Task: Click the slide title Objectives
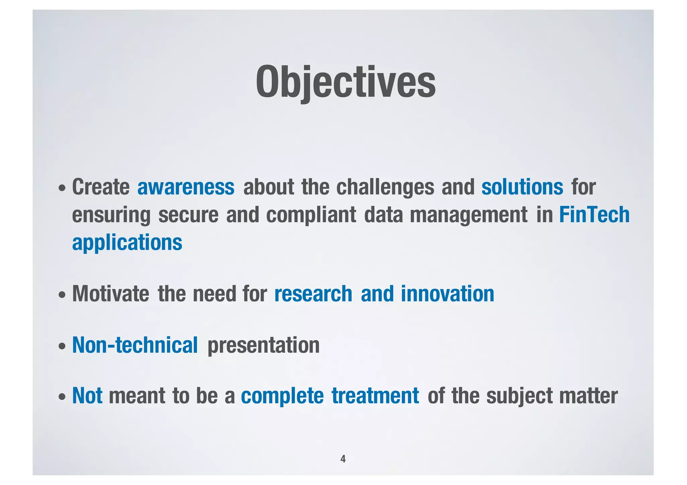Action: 346,82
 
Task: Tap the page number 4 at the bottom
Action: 343,459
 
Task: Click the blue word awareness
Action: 186,187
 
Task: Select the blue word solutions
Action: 522,187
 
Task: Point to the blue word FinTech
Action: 594,215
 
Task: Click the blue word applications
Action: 127,243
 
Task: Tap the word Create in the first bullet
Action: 101,187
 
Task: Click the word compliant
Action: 311,215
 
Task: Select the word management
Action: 469,216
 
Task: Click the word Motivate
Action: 111,294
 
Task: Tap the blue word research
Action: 313,294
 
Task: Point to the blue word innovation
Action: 447,294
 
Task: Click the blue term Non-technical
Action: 135,345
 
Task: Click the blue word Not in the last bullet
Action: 87,396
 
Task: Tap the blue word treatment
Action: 375,396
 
